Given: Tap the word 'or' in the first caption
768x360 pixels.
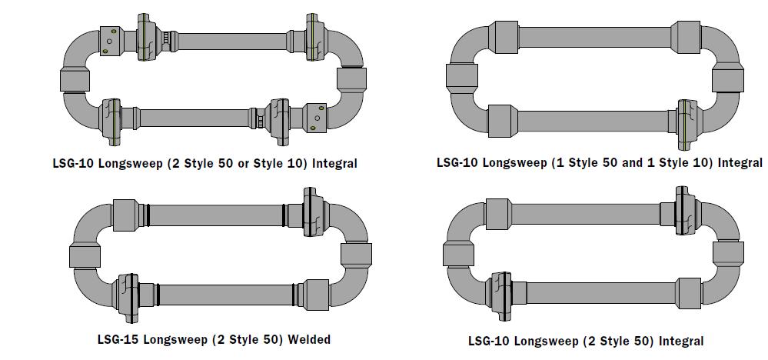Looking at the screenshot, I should [x=261, y=163].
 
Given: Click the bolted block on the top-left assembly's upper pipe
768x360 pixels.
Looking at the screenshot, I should [x=112, y=38].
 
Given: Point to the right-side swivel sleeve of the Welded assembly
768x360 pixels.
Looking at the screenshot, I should [x=356, y=255].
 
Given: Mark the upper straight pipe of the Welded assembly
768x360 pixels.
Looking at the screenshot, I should [x=215, y=214].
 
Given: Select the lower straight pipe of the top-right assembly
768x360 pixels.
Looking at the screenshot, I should [x=592, y=121].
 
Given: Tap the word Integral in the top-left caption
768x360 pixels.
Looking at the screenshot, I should [x=334, y=163].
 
